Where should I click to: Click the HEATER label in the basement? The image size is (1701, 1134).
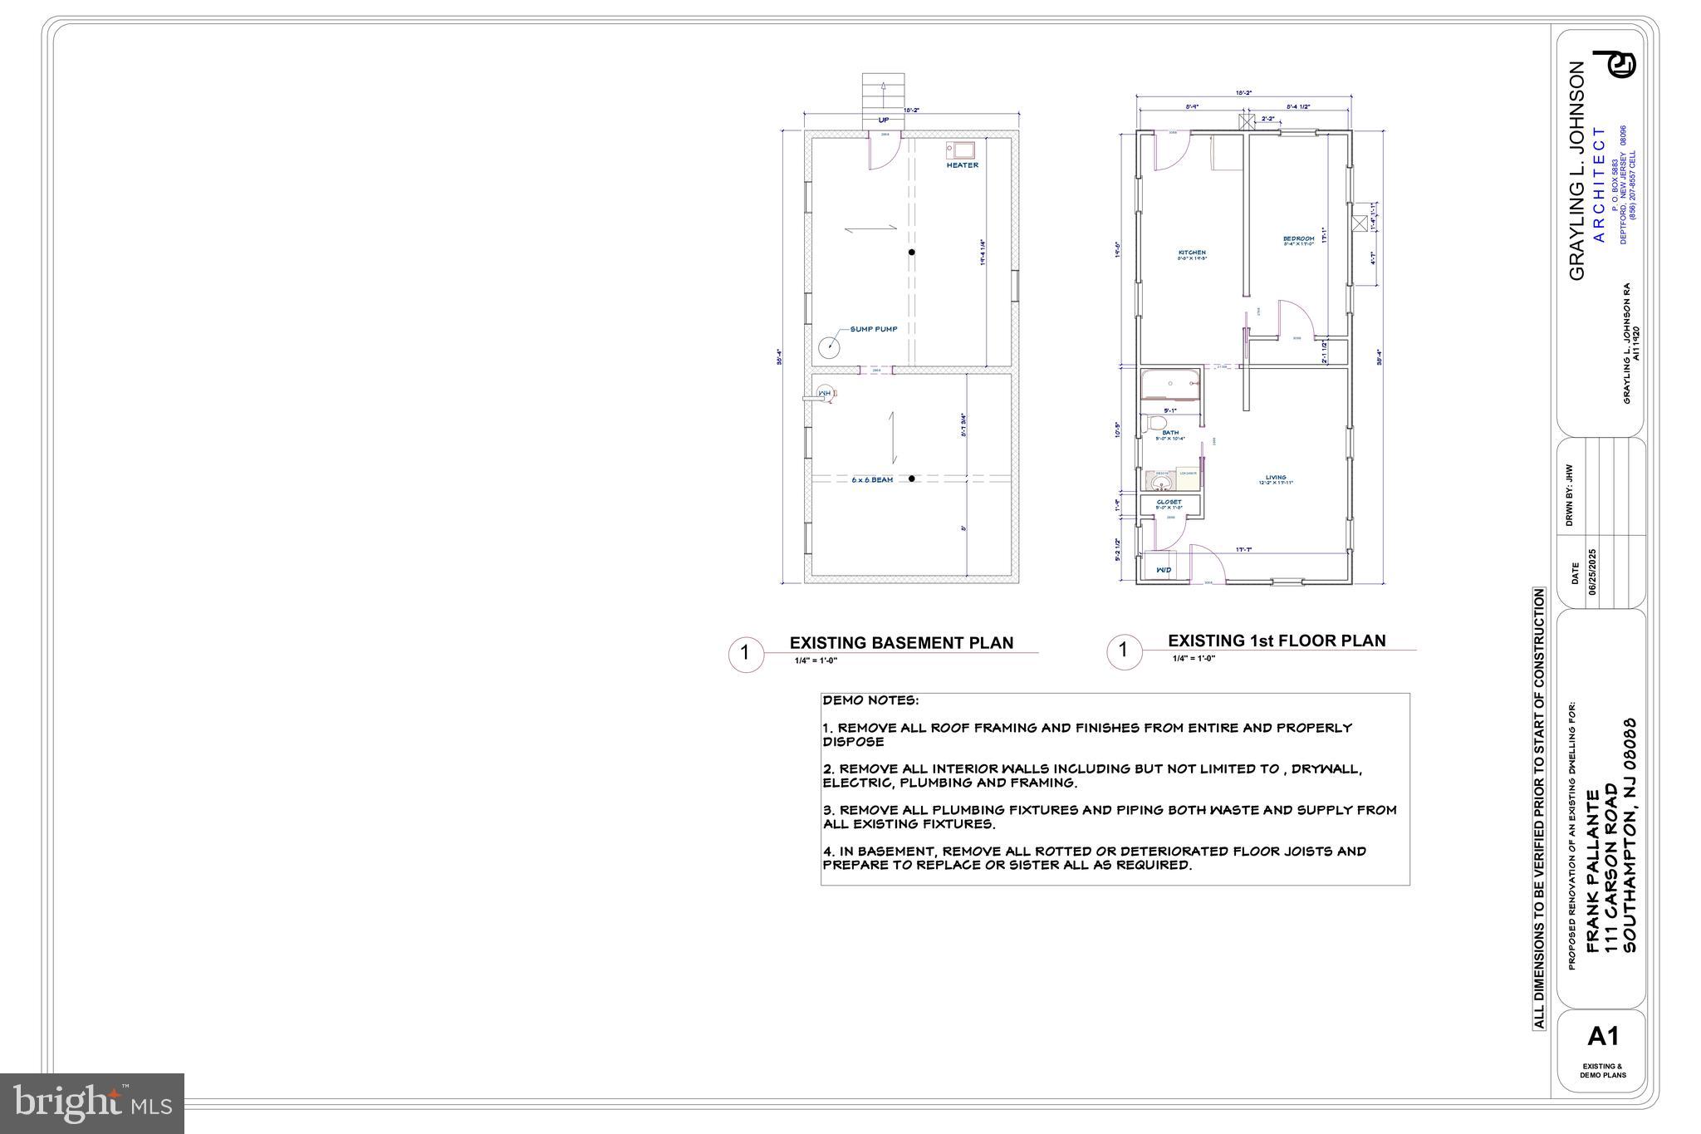pos(963,165)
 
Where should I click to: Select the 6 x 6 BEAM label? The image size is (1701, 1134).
pos(872,480)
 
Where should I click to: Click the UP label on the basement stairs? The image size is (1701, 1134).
pos(884,120)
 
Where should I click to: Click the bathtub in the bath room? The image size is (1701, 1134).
pos(1170,385)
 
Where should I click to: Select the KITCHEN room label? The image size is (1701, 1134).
pos(1192,253)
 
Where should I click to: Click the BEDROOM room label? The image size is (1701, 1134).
pos(1299,238)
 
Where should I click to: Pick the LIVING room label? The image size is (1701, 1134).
pos(1276,478)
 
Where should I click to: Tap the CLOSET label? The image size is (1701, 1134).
pos(1169,502)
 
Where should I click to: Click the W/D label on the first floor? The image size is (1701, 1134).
pos(1164,570)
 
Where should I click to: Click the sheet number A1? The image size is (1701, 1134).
pos(1603,1036)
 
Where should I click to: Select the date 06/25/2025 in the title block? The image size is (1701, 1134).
pos(1592,572)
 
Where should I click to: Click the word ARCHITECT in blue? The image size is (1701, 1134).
pos(1600,184)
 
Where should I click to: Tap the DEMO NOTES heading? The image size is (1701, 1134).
pos(870,701)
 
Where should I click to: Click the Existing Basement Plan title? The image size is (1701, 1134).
pos(901,643)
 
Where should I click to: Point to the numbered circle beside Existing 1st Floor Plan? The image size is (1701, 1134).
pos(1123,650)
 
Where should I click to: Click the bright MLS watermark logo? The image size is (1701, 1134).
pos(92,1103)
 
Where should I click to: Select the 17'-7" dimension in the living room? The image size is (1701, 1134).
pos(1243,549)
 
